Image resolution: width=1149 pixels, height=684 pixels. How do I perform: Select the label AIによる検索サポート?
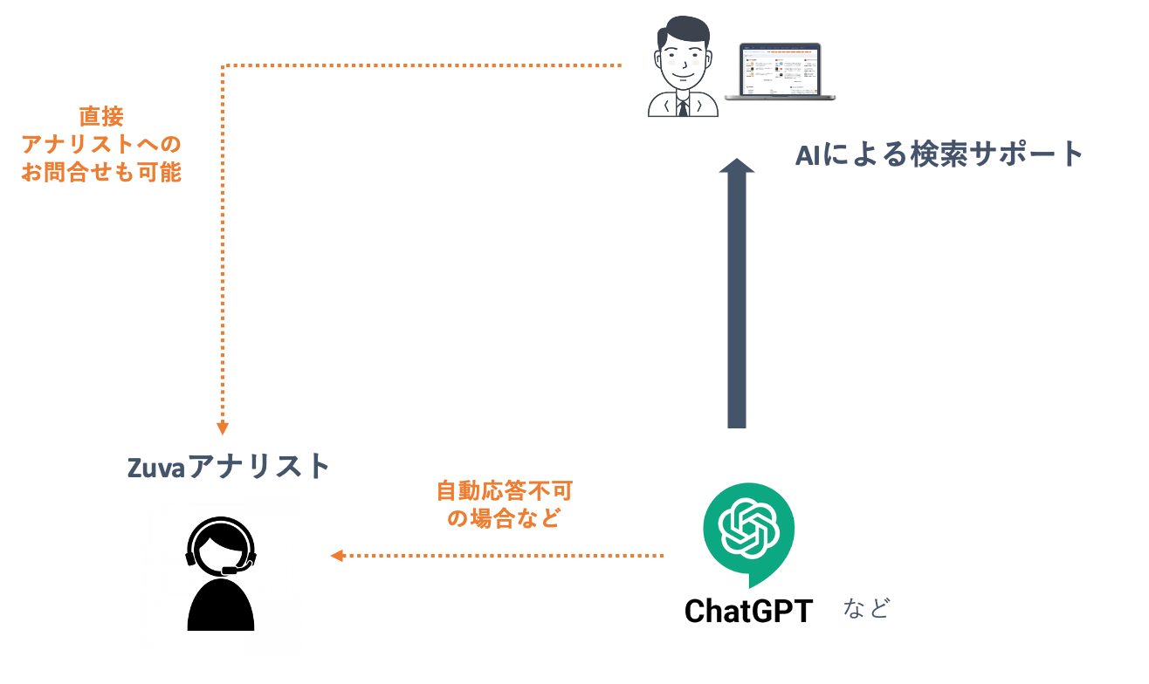point(939,155)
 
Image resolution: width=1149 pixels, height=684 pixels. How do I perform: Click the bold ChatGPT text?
point(748,611)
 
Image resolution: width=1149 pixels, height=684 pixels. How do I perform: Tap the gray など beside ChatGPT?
point(866,608)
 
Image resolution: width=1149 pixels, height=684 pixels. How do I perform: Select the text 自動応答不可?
point(504,490)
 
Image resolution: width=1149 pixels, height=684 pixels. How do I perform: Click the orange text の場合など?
point(504,518)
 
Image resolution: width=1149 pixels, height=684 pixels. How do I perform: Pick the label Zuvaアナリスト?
point(229,467)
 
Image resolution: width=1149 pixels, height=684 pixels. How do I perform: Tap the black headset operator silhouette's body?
point(221,605)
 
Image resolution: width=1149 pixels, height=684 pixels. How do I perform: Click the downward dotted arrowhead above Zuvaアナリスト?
point(223,427)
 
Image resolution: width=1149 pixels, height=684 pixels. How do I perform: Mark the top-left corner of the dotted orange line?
point(224,65)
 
